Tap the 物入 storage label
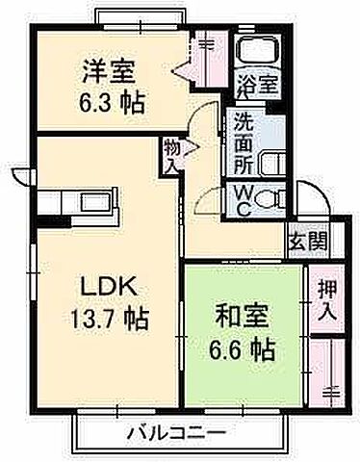(170, 157)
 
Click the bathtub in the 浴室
(257, 53)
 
